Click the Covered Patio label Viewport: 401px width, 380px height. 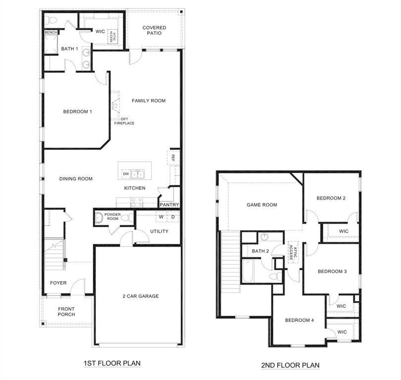154,30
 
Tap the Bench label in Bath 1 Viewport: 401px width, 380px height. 50,33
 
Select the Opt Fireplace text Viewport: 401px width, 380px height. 124,121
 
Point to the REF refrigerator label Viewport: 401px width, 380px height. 173,158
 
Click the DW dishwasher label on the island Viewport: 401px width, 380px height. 126,174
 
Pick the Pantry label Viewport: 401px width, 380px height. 169,204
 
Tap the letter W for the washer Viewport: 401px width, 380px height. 161,217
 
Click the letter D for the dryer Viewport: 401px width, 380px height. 173,217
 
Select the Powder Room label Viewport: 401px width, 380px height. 113,217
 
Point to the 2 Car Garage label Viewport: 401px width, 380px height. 141,296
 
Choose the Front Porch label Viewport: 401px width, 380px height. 66,312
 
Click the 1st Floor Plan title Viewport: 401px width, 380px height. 112,364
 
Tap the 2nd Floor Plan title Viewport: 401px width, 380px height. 290,366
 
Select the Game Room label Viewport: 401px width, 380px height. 262,205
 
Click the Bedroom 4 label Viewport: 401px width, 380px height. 300,320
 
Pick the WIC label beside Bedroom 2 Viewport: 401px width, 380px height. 344,231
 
